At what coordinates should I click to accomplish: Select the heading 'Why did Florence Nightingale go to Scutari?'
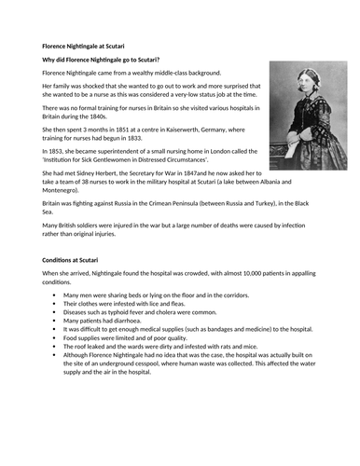point(110,60)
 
